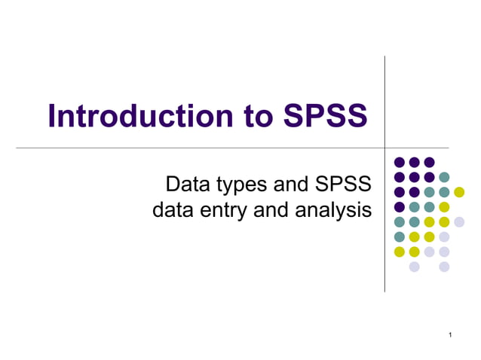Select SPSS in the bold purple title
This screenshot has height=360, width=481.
coord(326,116)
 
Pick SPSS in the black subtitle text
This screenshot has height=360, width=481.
coord(345,184)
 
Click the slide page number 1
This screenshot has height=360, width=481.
coord(449,334)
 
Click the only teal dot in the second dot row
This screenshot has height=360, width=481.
coord(444,177)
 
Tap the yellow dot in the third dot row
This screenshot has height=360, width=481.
coord(459,192)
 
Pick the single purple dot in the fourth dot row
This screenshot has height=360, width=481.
coord(400,207)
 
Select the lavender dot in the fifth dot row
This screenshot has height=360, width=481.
coord(459,221)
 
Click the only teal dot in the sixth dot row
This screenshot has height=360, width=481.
coord(400,236)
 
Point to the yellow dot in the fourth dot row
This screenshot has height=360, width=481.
coord(444,207)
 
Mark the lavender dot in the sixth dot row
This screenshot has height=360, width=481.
coord(444,236)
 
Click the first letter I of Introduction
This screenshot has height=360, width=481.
coord(52,116)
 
